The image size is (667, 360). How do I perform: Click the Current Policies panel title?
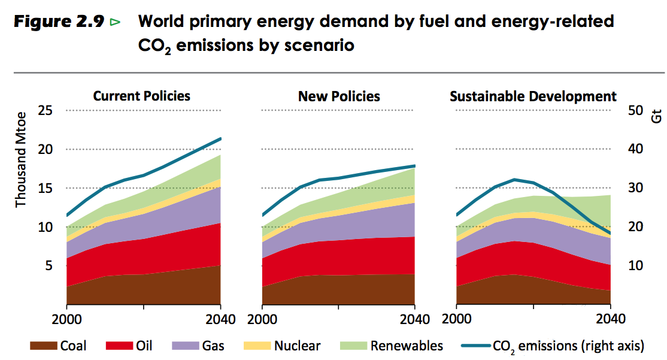pyautogui.click(x=141, y=96)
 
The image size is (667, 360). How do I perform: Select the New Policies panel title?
pyautogui.click(x=339, y=96)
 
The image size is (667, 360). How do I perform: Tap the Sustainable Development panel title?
pyautogui.click(x=533, y=96)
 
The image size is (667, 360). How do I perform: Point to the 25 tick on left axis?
pyautogui.click(x=46, y=111)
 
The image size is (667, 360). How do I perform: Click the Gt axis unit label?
pyautogui.click(x=657, y=115)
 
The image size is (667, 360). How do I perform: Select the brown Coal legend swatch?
pyautogui.click(x=43, y=346)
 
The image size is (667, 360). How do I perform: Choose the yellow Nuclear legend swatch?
pyautogui.click(x=256, y=346)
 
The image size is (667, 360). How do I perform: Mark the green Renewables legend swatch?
pyautogui.click(x=353, y=346)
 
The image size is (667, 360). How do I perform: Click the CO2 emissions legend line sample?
pyautogui.click(x=477, y=346)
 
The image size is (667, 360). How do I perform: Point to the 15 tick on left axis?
pyautogui.click(x=46, y=188)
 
